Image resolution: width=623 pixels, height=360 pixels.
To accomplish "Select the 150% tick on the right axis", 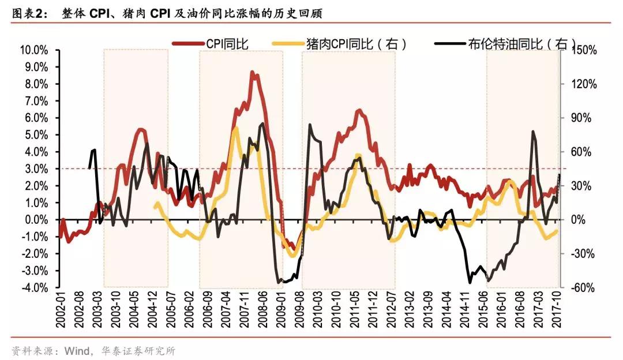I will (x=584, y=51).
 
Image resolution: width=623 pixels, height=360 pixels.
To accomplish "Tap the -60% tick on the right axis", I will (x=584, y=288).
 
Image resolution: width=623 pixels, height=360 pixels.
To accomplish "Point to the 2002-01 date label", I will (x=60, y=309).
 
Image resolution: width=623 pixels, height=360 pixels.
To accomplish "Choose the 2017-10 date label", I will (x=557, y=309).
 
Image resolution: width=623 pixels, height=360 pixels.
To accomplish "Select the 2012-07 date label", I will (x=392, y=309).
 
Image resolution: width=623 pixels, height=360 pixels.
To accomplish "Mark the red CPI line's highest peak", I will (x=252, y=72).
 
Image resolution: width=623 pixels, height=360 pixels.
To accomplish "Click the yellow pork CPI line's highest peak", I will (x=235, y=127).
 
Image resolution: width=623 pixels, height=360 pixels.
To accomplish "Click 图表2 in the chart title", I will (x=27, y=13).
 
